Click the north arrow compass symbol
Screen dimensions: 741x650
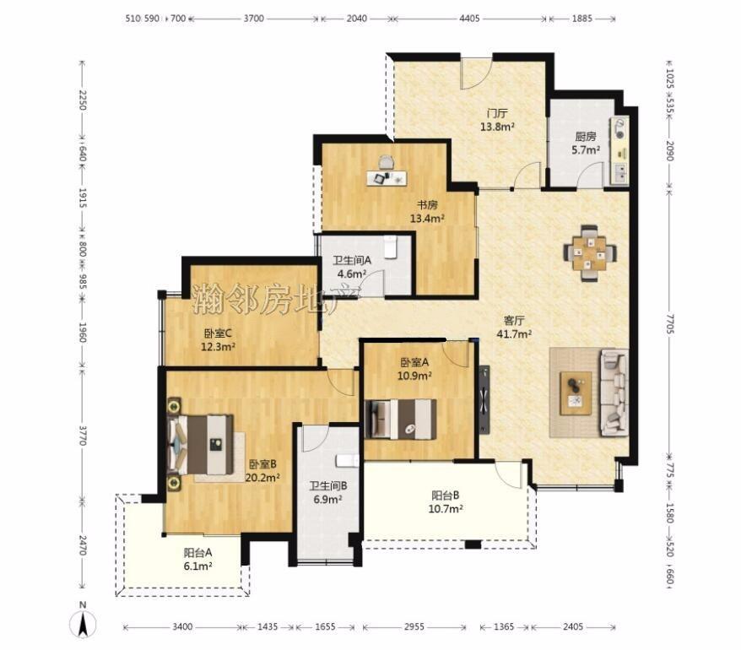point(83,623)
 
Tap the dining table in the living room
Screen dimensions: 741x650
point(589,254)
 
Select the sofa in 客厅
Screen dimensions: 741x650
point(614,393)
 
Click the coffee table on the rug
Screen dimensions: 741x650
point(576,393)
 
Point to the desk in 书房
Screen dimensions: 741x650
point(387,178)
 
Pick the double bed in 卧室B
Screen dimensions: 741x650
point(201,444)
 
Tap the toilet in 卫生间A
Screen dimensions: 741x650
point(390,246)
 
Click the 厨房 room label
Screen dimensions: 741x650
point(586,137)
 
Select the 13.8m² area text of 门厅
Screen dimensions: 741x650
point(497,127)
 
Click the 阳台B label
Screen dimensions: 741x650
point(445,496)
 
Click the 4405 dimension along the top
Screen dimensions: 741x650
point(469,19)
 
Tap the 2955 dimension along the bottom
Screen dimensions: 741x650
point(414,627)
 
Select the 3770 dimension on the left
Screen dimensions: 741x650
point(82,436)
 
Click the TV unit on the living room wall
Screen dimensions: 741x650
point(484,399)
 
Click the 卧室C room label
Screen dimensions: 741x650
point(218,333)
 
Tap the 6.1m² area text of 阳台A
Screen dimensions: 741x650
point(197,566)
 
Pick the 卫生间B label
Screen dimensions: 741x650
point(328,485)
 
